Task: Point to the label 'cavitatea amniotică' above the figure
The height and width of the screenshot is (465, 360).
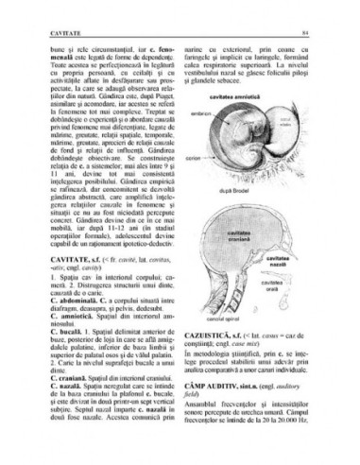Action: click(266, 112)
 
